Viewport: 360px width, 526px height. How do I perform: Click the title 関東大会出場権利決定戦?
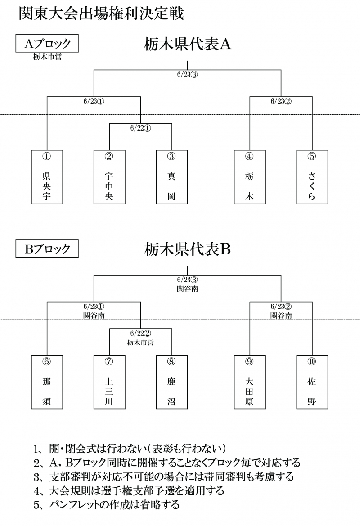101,13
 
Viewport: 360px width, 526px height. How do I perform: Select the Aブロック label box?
47,44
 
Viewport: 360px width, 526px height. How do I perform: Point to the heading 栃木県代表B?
188,249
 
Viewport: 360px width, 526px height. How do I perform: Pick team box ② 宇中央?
109,177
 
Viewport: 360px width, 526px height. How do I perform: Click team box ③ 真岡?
171,177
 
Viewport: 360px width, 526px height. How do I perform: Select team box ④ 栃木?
250,177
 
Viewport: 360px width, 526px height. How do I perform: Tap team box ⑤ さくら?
312,177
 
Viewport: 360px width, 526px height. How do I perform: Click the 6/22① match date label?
140,127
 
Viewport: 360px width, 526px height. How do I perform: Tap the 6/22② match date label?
140,333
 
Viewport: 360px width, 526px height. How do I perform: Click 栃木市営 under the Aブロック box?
47,57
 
